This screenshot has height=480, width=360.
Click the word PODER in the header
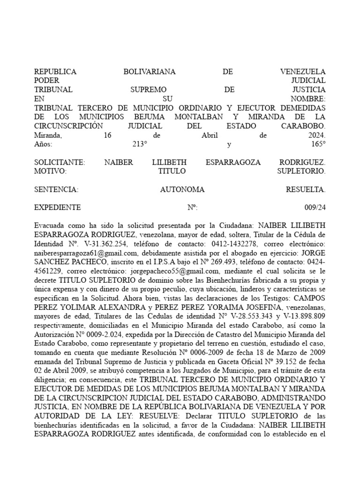coord(46,81)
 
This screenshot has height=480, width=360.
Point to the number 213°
coord(140,144)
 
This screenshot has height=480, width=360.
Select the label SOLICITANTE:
coord(60,162)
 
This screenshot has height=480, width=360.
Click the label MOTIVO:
coord(51,171)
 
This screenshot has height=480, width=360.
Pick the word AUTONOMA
coord(182,189)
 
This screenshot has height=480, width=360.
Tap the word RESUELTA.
coord(305,189)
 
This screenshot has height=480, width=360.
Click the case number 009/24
coord(315,207)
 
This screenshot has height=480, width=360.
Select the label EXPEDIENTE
coord(58,207)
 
